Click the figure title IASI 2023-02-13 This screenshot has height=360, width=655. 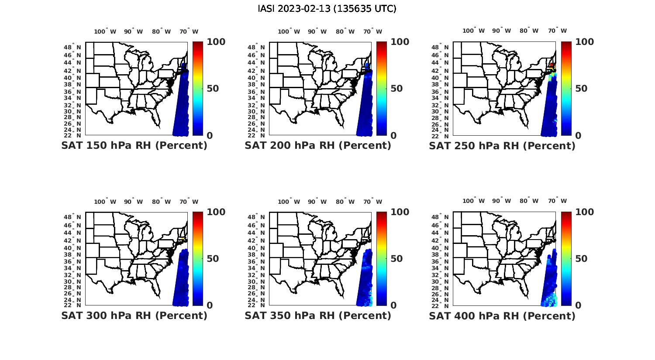click(x=327, y=9)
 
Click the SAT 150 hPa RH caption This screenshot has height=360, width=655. click(x=134, y=145)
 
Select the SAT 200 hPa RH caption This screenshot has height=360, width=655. click(x=318, y=145)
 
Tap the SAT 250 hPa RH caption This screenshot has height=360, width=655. click(x=502, y=145)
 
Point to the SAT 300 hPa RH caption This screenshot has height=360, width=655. click(x=134, y=315)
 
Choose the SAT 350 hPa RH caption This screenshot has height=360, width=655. click(x=318, y=315)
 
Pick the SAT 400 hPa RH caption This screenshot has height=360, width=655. click(x=502, y=315)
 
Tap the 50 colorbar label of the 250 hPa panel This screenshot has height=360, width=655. click(x=582, y=89)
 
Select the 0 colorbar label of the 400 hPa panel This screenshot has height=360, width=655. click(x=579, y=305)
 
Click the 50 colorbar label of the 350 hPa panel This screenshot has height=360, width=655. click(x=396, y=258)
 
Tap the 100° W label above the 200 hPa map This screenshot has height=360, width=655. click(x=289, y=31)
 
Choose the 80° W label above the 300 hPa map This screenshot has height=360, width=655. click(x=162, y=202)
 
